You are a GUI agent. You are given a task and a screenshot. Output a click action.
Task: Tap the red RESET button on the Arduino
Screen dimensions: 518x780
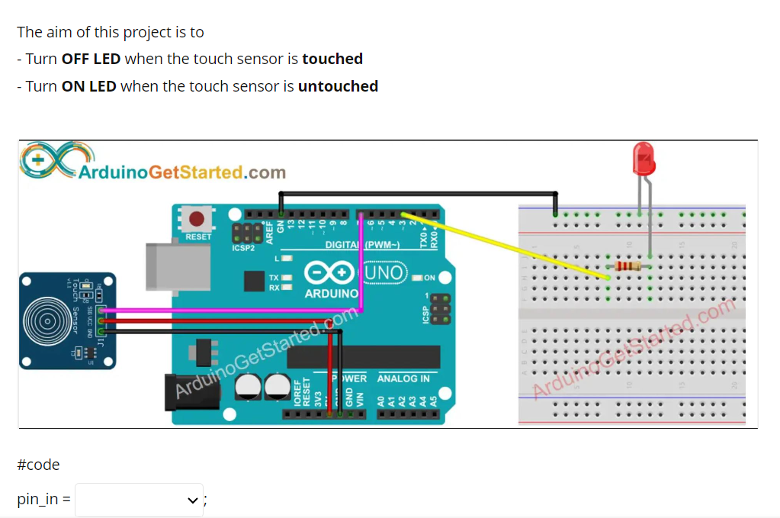pyautogui.click(x=197, y=220)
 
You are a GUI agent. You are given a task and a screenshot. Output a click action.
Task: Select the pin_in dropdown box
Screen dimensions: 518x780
pyautogui.click(x=139, y=500)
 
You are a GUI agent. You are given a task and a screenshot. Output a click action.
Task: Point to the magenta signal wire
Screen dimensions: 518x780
pyautogui.click(x=229, y=310)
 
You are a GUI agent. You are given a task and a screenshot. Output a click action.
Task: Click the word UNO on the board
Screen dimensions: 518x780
pyautogui.click(x=387, y=271)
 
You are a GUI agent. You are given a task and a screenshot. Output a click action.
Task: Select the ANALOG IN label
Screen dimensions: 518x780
pyautogui.click(x=403, y=378)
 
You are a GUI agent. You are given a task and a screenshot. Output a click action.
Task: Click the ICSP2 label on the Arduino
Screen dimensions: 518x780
pyautogui.click(x=243, y=248)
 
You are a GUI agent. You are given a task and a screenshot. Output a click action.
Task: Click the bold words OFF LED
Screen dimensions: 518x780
pyautogui.click(x=91, y=59)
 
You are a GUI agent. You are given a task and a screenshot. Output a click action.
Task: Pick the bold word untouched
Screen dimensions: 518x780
pyautogui.click(x=338, y=86)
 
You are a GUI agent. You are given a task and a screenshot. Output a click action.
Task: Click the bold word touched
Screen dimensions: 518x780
pyautogui.click(x=332, y=59)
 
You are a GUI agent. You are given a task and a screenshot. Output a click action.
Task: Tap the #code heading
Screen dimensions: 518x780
pyautogui.click(x=38, y=465)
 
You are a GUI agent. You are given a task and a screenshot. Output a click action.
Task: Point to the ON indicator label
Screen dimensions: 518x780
pyautogui.click(x=429, y=278)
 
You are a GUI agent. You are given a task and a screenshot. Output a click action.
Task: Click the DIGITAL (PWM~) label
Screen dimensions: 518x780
pyautogui.click(x=363, y=245)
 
